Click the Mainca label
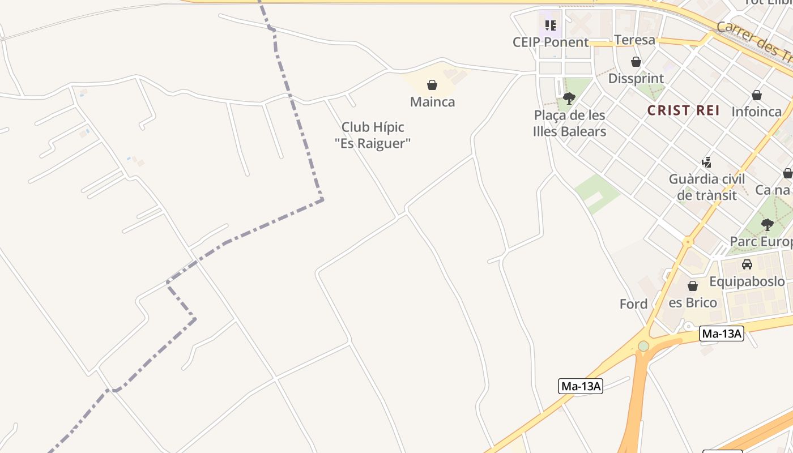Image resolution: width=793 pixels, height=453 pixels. point(432,102)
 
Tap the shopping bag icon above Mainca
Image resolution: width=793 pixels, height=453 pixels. point(432,86)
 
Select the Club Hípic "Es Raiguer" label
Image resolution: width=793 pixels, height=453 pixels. point(373,135)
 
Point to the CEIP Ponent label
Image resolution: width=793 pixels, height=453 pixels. point(551,42)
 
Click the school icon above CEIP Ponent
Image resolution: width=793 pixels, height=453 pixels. point(551,25)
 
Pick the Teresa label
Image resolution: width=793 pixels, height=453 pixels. point(634,40)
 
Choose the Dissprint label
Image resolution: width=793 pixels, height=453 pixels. point(636,78)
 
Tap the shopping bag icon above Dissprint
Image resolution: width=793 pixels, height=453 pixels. point(636,62)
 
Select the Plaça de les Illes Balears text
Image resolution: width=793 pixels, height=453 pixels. point(569,123)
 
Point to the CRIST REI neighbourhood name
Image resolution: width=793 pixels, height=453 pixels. point(684,110)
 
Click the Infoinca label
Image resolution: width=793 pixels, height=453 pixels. point(757,112)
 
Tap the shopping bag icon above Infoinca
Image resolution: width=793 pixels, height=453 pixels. point(757,95)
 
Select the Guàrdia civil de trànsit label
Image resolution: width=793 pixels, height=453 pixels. point(706,187)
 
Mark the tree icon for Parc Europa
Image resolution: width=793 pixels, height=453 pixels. point(768,225)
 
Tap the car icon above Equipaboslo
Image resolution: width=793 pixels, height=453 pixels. point(747,264)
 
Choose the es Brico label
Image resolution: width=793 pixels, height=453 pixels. point(693,302)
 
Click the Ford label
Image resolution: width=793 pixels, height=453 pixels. point(633,304)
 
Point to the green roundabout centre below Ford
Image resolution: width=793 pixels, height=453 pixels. point(643,345)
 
